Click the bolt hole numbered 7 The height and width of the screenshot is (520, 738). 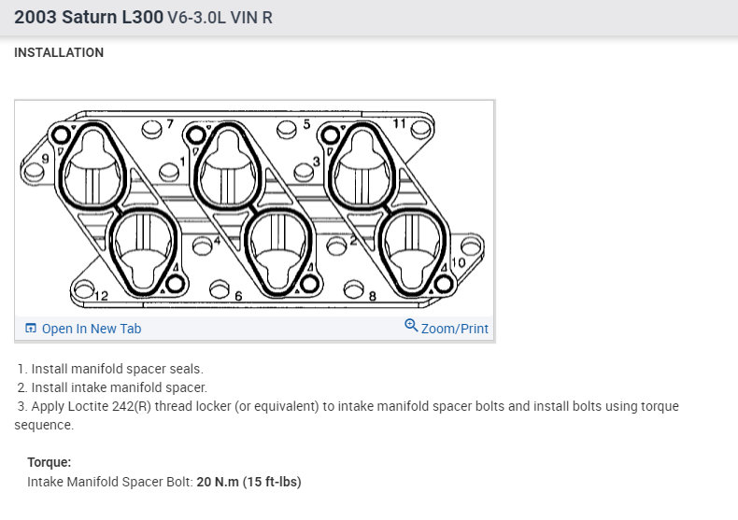point(151,129)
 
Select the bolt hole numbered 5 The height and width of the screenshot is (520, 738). point(287,129)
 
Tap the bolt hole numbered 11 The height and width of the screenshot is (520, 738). point(420,129)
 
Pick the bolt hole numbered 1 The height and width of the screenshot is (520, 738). point(169,172)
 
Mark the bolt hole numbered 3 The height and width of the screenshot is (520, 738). point(304,172)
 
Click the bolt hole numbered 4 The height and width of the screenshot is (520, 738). point(203,246)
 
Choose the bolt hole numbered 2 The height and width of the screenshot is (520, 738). point(336,246)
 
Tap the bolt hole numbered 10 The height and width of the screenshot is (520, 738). point(471,246)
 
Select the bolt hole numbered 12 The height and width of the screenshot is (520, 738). point(84,289)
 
